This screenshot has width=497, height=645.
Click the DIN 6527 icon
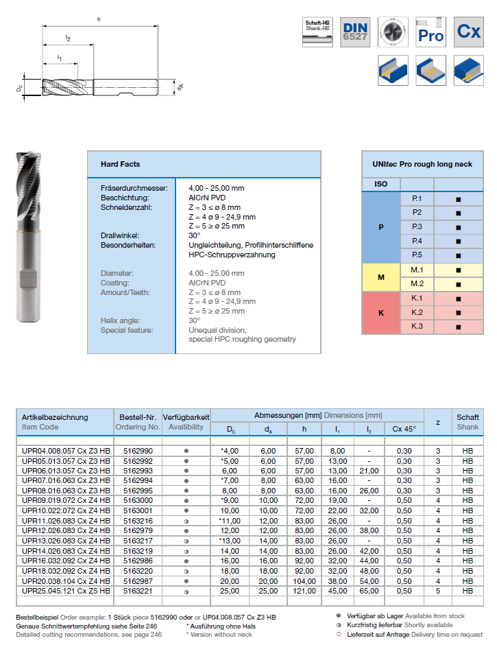tap(355, 32)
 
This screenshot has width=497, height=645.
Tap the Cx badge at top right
tap(469, 32)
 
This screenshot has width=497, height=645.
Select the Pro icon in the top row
tap(431, 32)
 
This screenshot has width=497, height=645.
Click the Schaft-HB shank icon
tap(317, 32)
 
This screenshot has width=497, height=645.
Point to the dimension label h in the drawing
tap(99, 19)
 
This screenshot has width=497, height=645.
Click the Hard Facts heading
tap(120, 165)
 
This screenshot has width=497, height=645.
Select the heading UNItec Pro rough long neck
tap(422, 165)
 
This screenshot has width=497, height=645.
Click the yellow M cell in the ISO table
tap(381, 277)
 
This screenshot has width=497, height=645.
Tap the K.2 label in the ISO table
tap(417, 312)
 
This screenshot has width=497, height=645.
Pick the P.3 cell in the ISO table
tap(417, 226)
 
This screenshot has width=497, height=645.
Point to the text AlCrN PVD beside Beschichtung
tap(206, 198)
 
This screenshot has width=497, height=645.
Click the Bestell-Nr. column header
tap(138, 417)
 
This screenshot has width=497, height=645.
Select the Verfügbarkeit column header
tap(186, 417)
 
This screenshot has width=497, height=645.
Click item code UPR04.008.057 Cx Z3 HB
tap(65, 451)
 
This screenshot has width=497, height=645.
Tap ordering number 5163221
tap(138, 590)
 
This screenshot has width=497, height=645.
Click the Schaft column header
tap(468, 417)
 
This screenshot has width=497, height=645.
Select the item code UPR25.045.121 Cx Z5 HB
tap(65, 590)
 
